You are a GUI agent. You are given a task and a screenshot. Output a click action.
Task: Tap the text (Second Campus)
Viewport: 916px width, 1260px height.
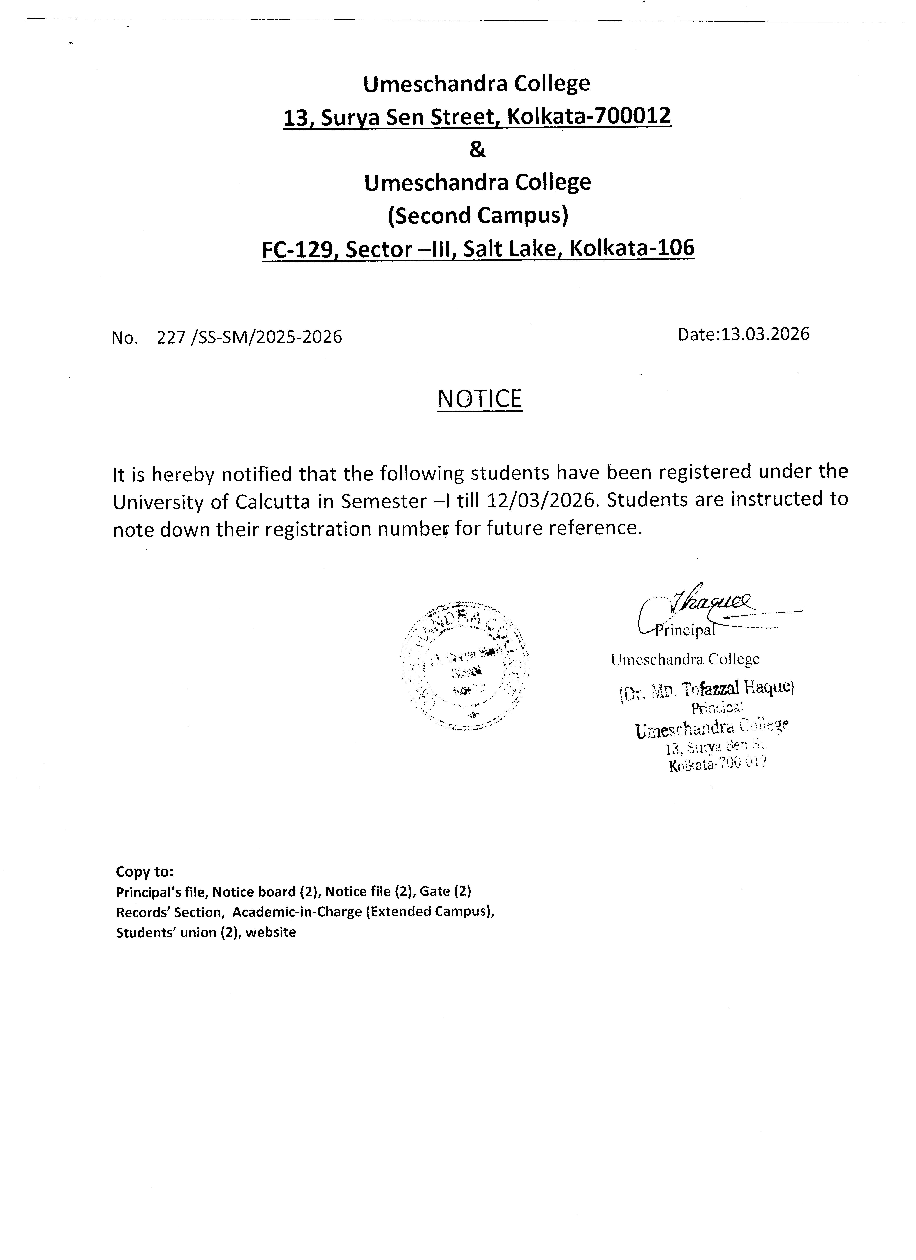(x=478, y=216)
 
